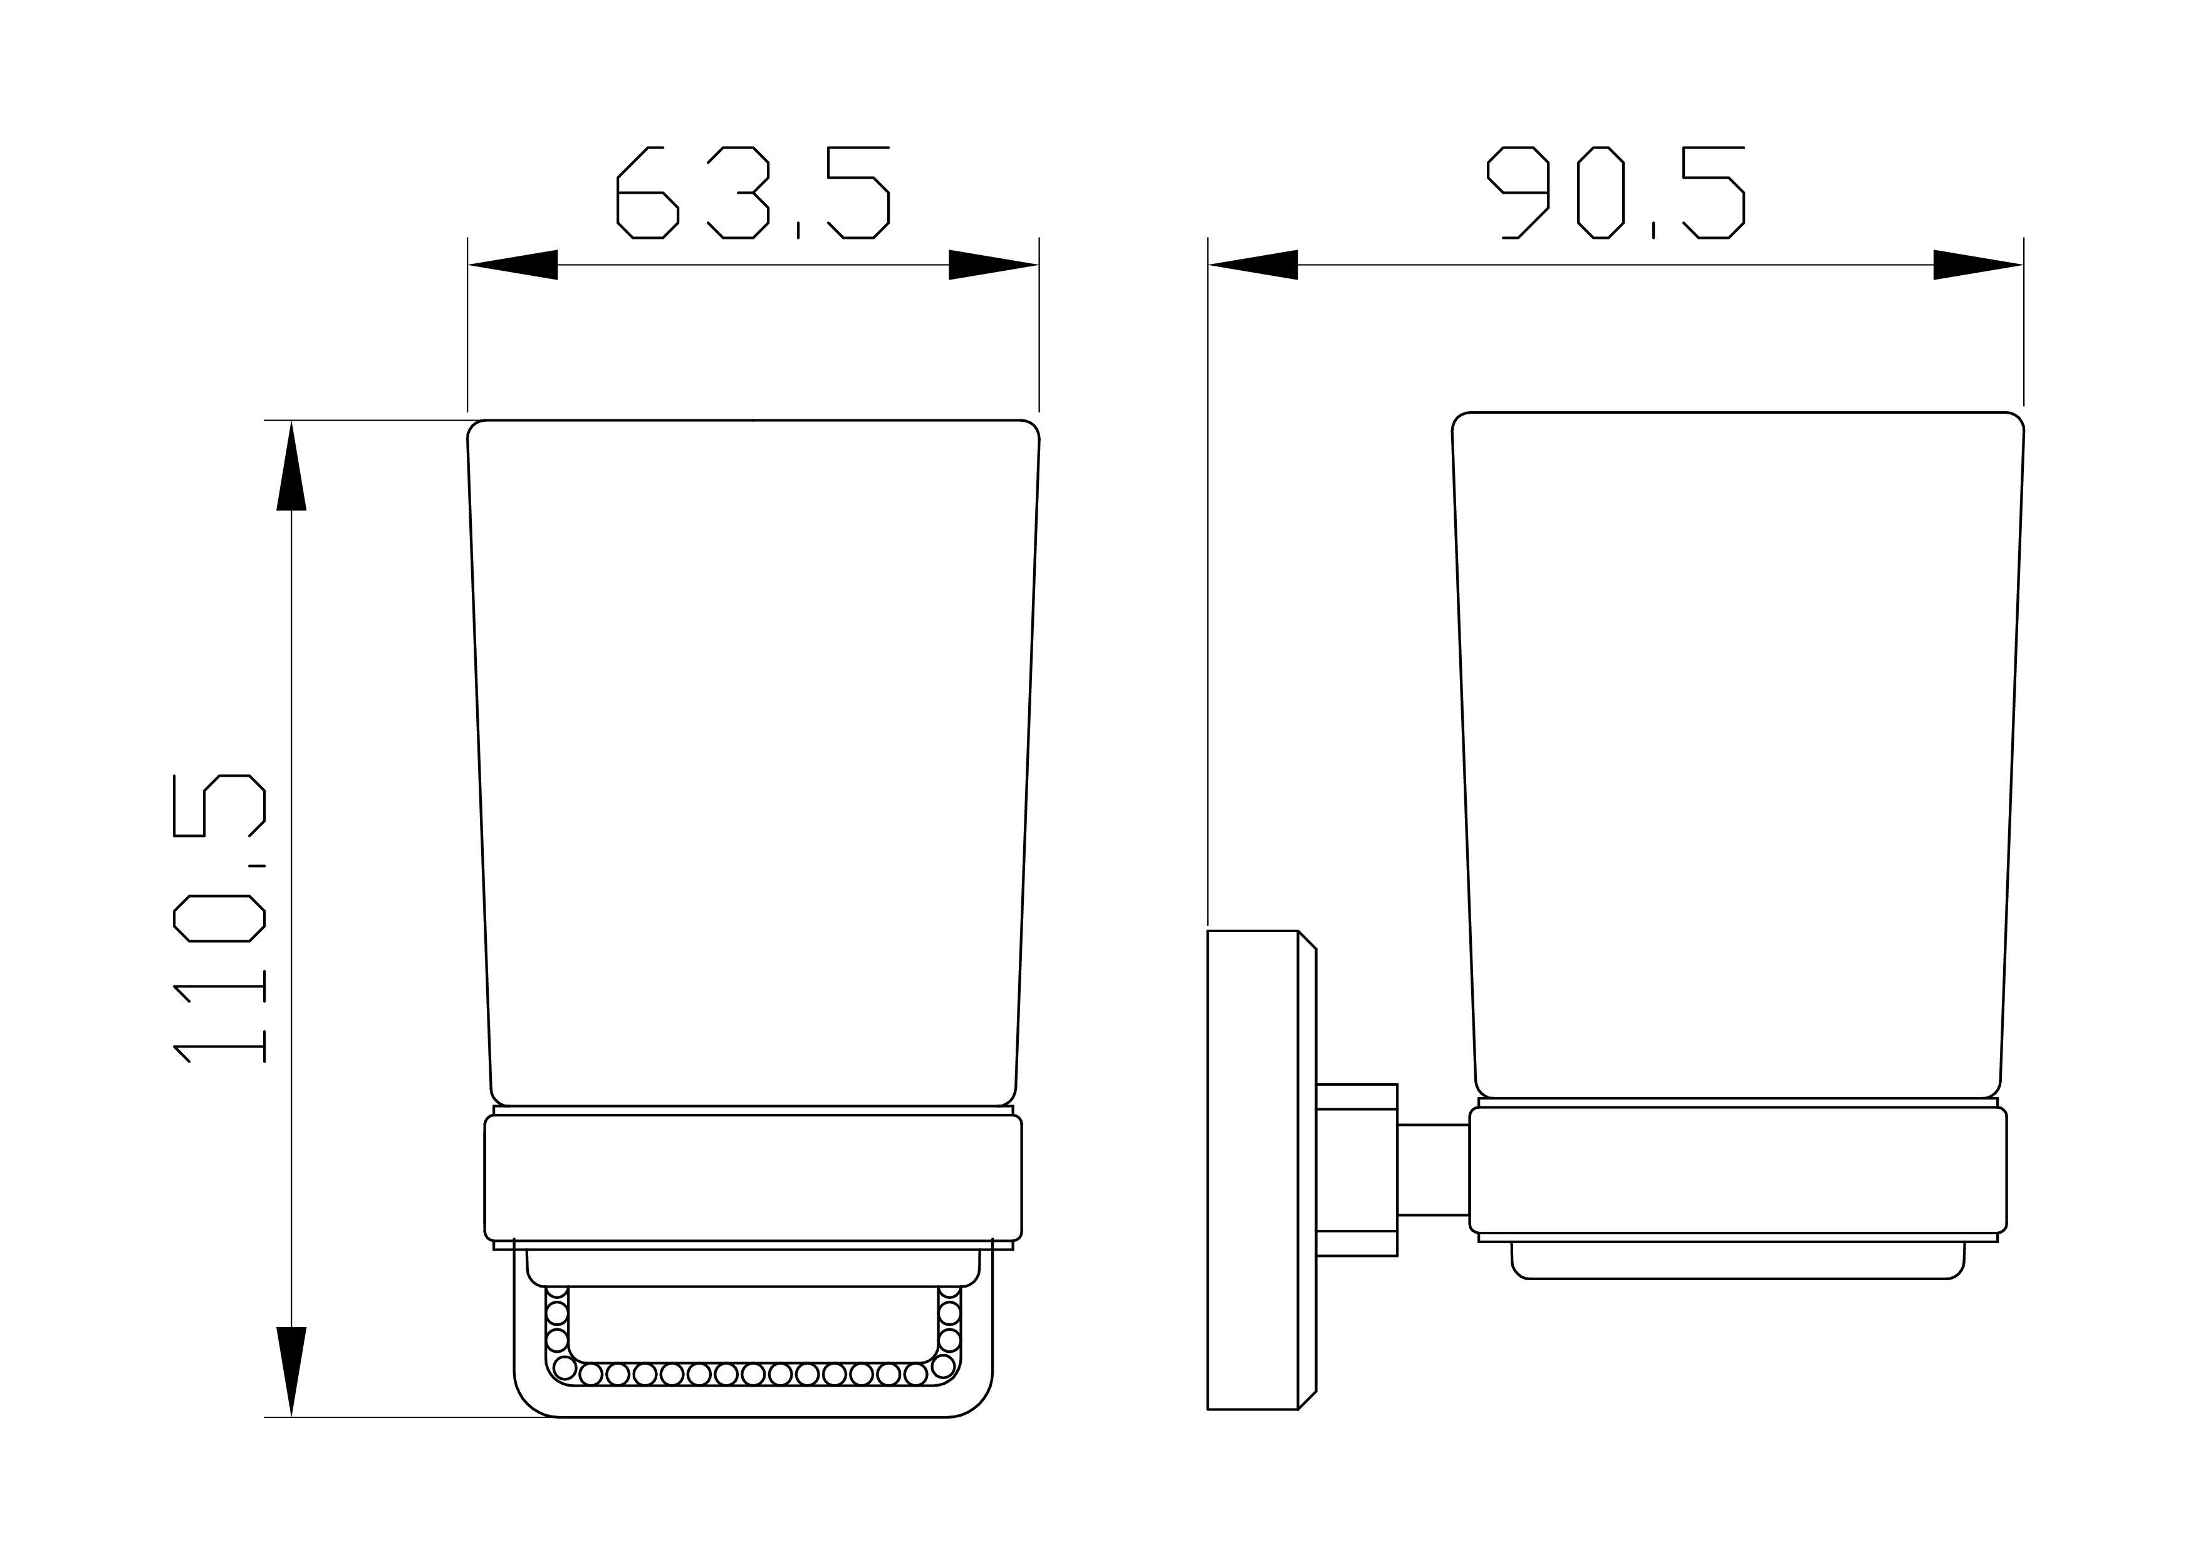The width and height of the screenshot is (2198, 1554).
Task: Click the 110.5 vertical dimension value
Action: pos(219,918)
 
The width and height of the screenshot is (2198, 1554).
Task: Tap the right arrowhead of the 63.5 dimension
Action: pos(994,265)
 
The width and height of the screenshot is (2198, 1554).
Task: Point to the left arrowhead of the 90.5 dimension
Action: pos(1253,265)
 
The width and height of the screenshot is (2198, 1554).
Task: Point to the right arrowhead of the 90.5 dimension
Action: pos(1978,265)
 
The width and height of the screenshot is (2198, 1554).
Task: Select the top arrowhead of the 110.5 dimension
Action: pos(291,465)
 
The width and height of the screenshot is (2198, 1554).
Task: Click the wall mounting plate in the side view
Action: pos(1261,1170)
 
